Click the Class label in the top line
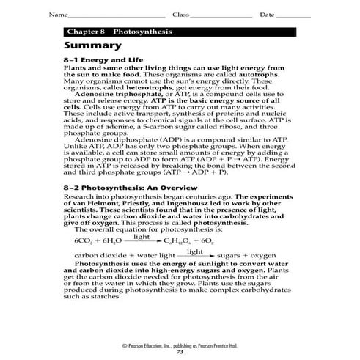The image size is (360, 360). click(180, 15)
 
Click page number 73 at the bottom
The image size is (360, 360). click(180, 353)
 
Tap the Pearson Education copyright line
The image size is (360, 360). click(180, 345)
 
